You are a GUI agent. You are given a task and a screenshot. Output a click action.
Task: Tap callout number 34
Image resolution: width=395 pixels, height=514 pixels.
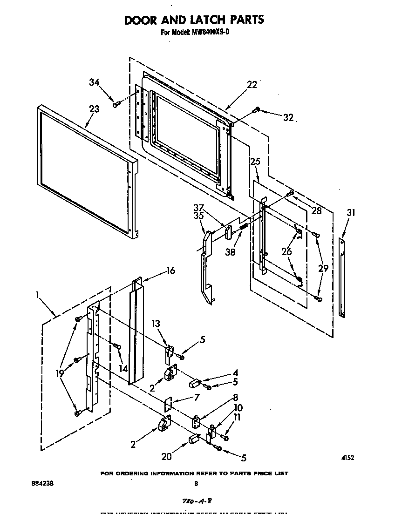95,83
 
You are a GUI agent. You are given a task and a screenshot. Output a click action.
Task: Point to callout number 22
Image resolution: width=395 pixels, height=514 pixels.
252,84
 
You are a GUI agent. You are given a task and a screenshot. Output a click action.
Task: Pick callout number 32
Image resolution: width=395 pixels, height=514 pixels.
288,118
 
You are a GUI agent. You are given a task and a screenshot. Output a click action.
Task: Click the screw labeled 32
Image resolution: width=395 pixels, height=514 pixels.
256,110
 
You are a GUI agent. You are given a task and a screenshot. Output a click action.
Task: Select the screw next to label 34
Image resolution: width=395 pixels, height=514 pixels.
116,105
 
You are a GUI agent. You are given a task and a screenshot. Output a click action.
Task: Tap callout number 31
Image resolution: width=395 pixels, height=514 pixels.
350,213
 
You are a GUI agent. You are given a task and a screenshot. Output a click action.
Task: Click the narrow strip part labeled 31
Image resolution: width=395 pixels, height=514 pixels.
342,278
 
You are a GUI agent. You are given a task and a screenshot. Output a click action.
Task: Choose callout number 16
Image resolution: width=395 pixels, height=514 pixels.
170,271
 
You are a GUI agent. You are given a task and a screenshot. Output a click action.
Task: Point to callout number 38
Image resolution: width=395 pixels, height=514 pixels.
230,252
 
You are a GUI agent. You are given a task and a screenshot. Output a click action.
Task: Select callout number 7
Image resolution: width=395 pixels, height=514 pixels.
196,397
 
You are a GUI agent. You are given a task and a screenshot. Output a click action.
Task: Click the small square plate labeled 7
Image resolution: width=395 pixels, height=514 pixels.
168,404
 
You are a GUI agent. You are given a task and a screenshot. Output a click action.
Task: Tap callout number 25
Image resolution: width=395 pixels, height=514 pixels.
255,162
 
